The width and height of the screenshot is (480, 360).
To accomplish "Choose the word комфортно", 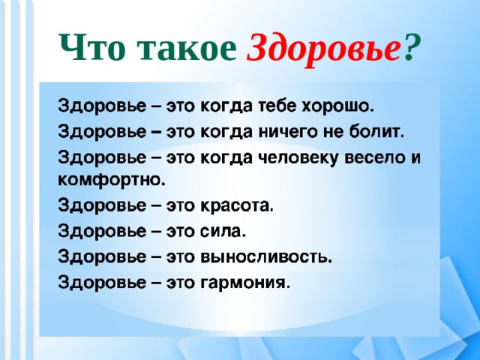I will (111, 180).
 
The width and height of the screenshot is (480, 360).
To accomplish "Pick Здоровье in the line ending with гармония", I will (104, 282).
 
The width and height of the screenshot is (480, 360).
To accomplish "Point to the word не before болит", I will (330, 133).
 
